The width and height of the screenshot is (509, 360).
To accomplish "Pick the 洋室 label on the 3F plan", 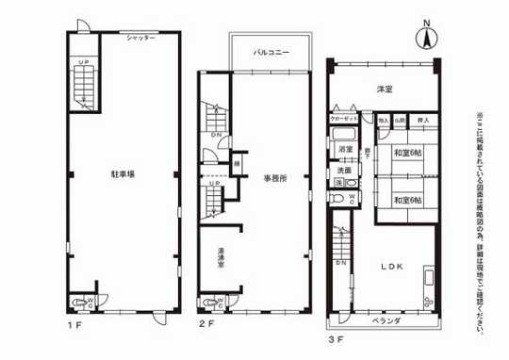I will (x=385, y=90).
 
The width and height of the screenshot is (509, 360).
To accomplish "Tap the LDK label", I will (x=392, y=267).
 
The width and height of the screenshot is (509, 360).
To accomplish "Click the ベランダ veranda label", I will (x=386, y=320).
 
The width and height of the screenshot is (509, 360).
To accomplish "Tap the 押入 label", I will (x=423, y=122).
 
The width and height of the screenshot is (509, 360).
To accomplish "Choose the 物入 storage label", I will (x=384, y=122).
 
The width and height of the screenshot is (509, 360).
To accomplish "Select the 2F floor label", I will (x=206, y=323).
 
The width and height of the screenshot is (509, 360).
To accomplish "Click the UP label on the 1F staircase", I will (x=83, y=62).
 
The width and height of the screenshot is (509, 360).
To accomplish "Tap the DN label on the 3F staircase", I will (x=339, y=262).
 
